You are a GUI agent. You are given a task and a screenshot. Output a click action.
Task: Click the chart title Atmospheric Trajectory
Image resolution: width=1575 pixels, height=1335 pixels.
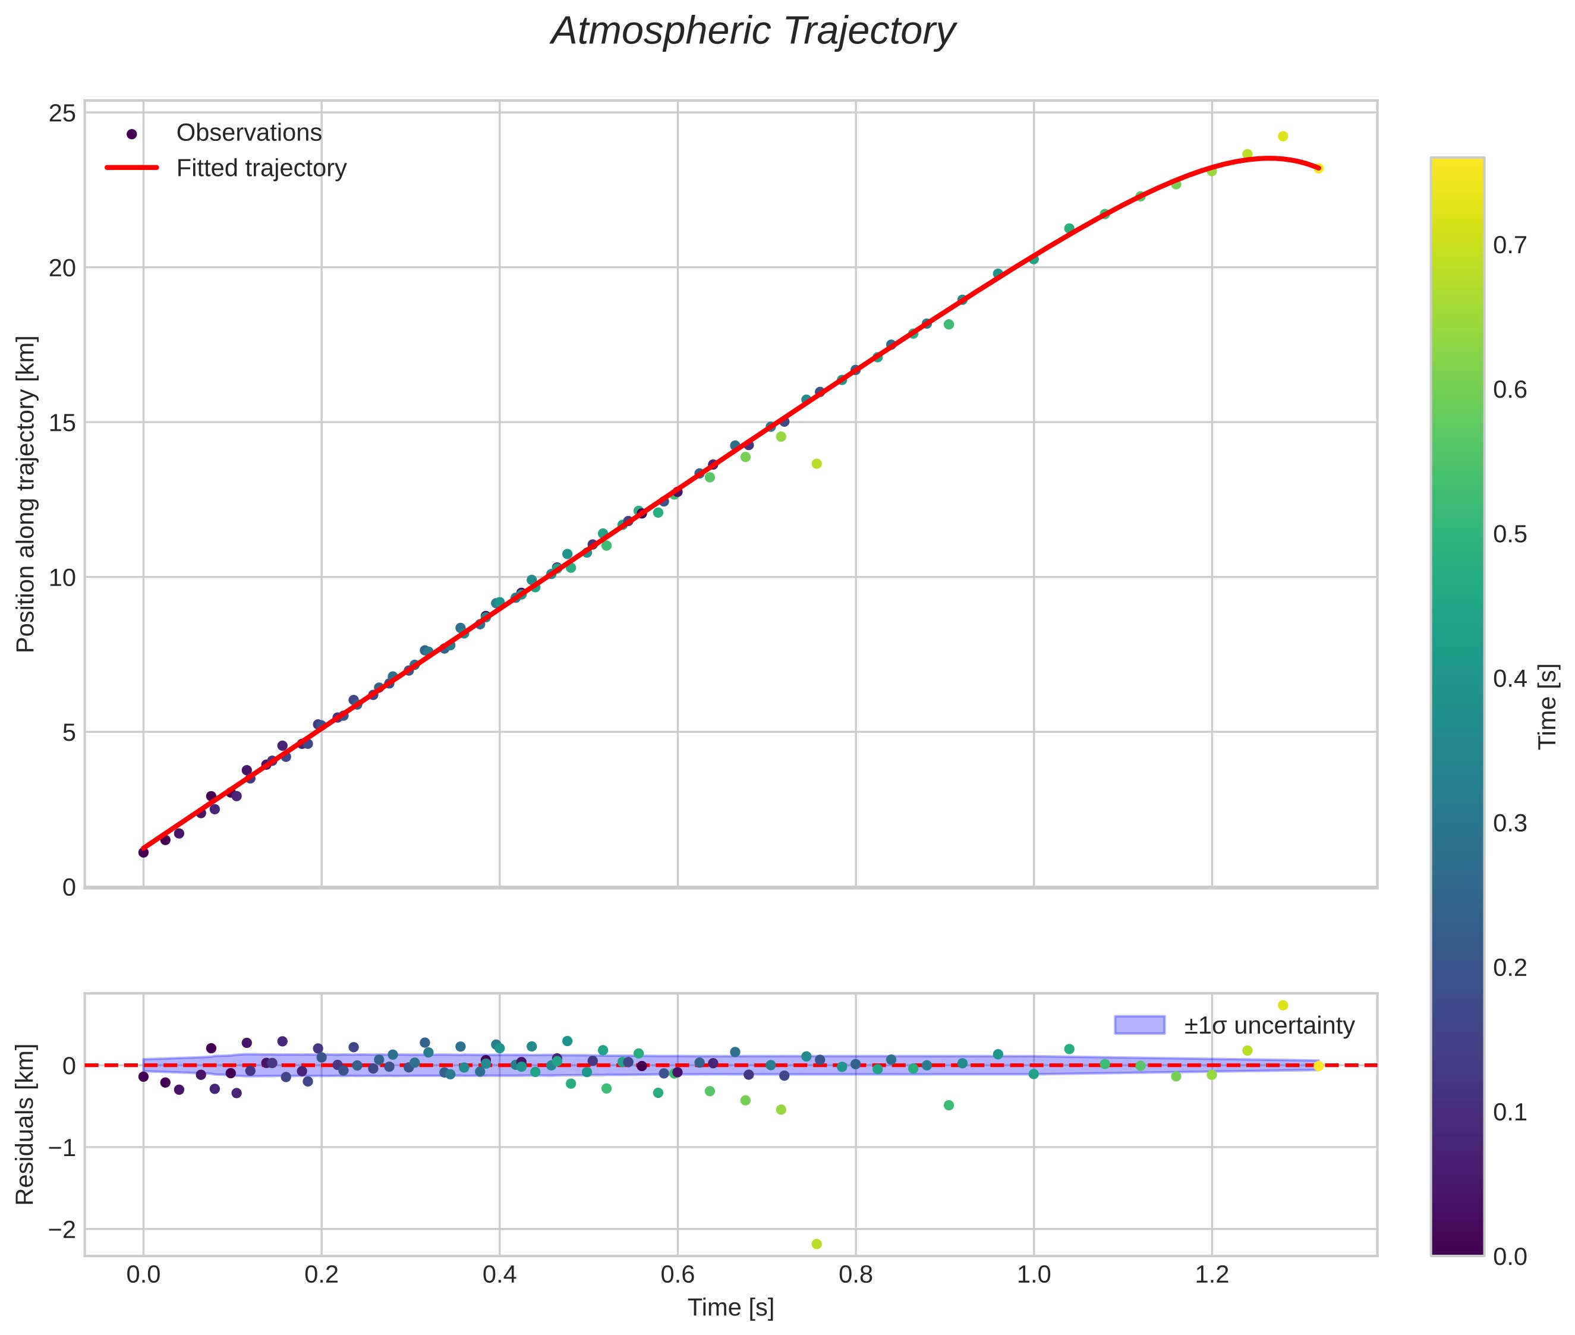coord(753,32)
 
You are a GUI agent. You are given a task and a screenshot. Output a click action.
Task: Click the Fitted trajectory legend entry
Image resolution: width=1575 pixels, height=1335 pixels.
coord(260,168)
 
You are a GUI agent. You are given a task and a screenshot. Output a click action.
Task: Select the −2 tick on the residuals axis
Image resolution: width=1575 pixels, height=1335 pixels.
coord(62,1230)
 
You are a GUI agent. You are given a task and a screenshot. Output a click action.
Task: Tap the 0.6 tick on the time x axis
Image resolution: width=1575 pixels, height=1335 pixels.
coord(678,1274)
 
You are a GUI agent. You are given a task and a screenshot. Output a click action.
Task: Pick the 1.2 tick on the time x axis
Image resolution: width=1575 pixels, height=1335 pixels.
coord(1212,1274)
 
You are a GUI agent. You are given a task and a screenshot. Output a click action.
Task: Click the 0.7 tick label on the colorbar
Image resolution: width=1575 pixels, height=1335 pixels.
coord(1509,245)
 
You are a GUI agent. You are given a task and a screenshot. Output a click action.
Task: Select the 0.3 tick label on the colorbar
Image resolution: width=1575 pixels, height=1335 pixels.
coord(1509,823)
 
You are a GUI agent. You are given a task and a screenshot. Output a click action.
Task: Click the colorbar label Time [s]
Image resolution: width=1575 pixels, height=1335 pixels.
coord(1548,706)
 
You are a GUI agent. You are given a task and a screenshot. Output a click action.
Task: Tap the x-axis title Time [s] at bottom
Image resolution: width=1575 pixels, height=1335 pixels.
coord(730,1308)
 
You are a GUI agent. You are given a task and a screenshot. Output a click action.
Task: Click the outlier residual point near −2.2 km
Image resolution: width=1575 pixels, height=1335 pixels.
coord(816,1244)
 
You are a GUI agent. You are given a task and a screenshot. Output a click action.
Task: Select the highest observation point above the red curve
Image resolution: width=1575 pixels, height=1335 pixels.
coord(1283,136)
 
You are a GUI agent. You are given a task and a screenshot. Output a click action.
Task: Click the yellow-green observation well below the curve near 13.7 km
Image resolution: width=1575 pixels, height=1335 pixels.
coord(816,464)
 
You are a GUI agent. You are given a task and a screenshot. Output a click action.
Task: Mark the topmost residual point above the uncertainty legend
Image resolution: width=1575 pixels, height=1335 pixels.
coord(1283,1006)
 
